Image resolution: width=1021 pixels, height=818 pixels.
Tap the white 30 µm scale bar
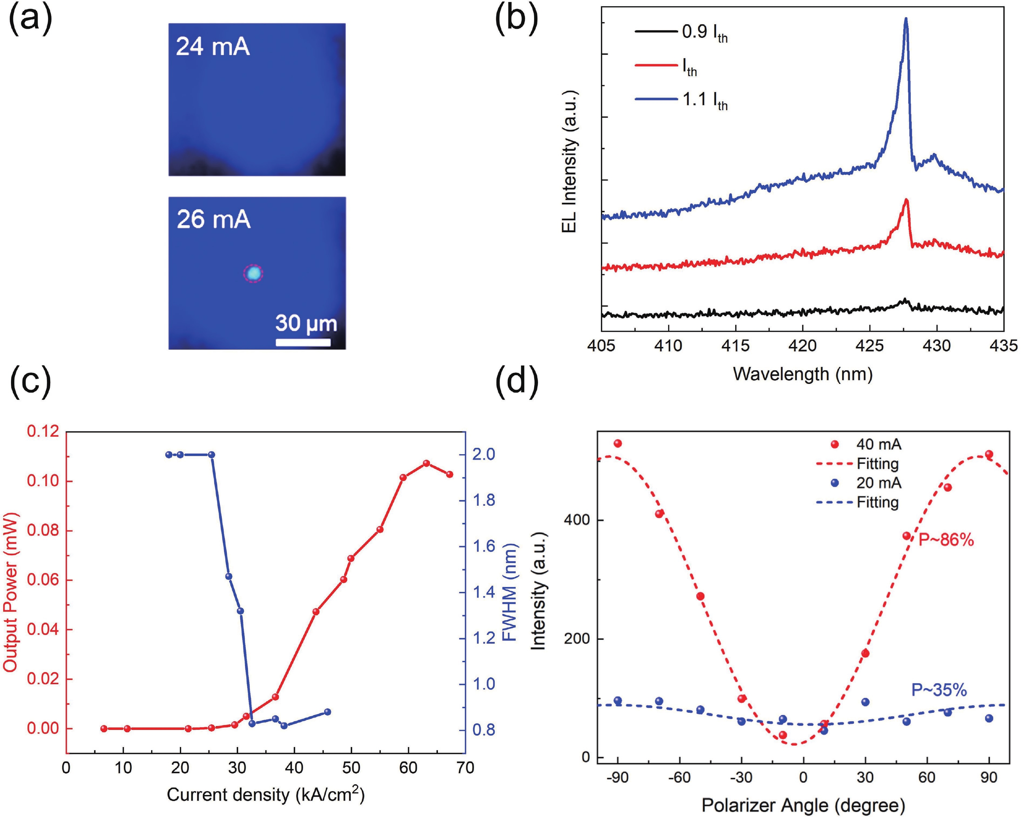click(x=303, y=342)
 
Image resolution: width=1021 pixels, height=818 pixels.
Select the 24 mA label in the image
click(x=213, y=47)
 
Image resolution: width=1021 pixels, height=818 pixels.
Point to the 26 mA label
click(x=214, y=220)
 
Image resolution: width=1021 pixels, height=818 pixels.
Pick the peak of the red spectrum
click(x=906, y=200)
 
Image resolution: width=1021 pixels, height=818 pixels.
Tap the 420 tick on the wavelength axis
click(x=803, y=346)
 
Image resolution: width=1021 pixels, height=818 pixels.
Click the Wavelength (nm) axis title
click(x=803, y=374)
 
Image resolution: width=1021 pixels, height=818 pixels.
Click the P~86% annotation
click(x=946, y=540)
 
